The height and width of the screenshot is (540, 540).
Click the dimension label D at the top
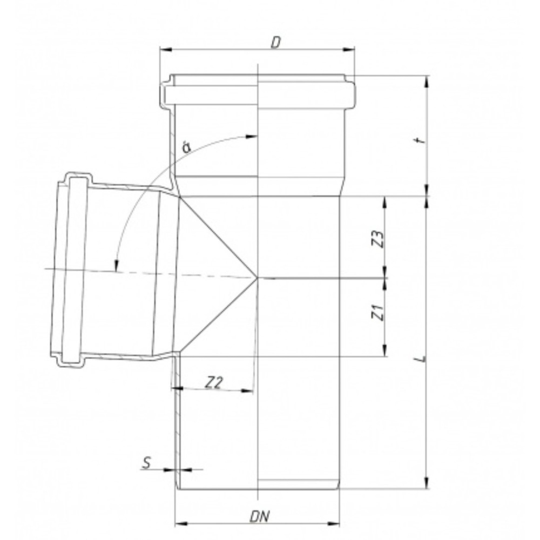[275, 43]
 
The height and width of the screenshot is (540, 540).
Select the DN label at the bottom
[260, 517]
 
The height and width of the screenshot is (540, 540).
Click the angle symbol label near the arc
[186, 146]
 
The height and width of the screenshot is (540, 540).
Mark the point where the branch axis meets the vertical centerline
[258, 278]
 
